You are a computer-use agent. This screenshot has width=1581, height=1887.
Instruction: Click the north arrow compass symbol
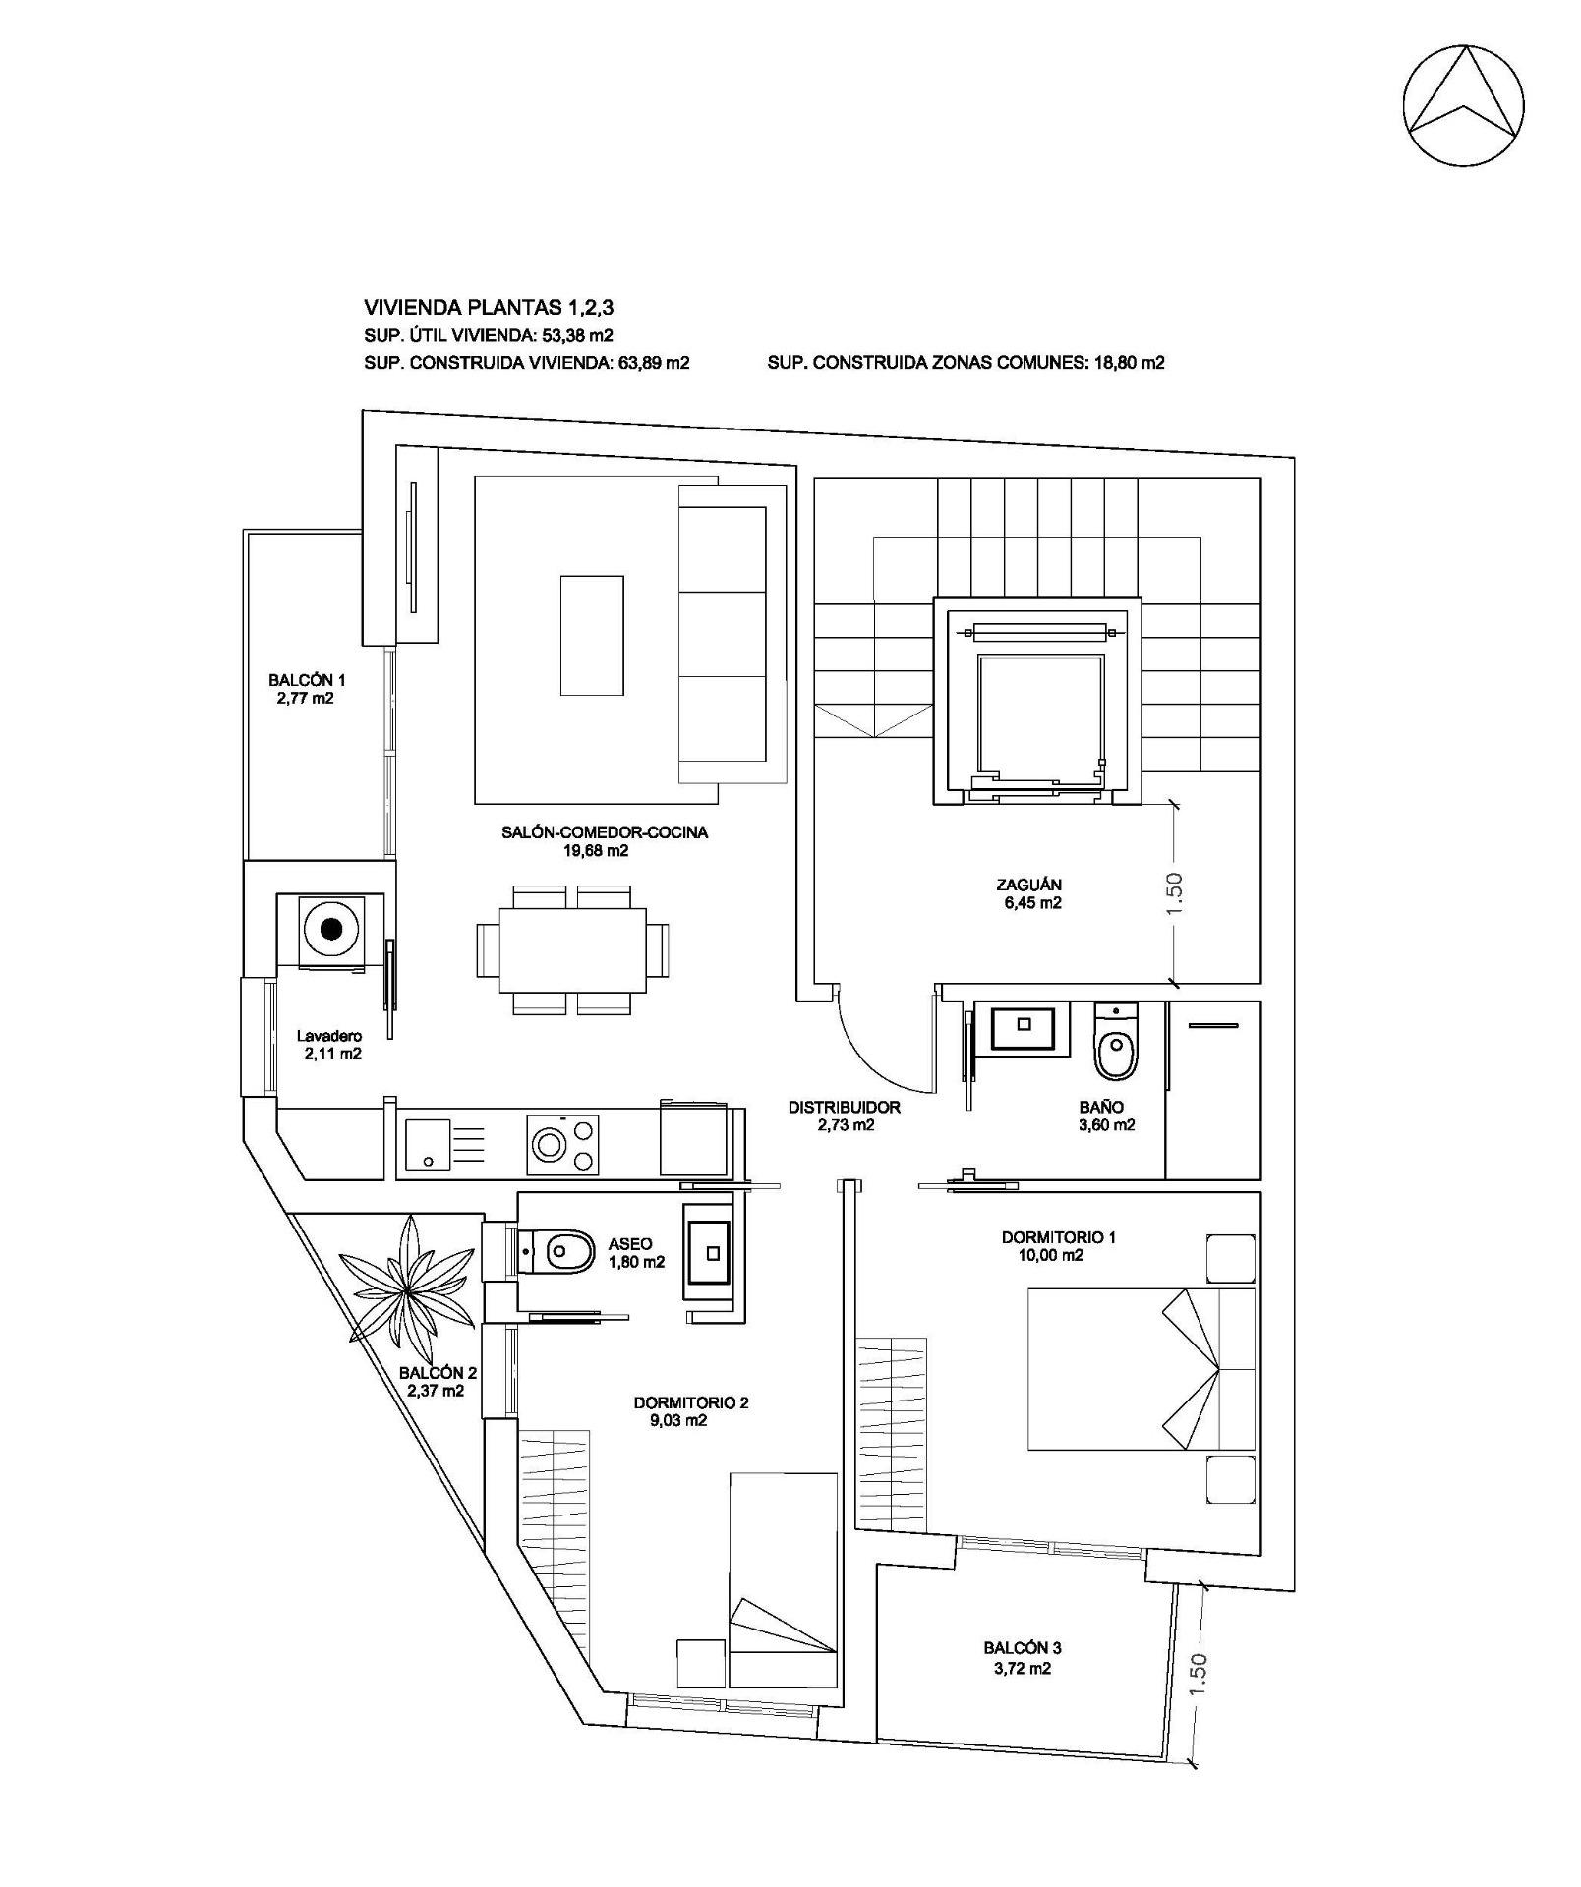(1463, 104)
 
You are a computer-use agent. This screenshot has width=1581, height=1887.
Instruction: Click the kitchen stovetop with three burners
(564, 1143)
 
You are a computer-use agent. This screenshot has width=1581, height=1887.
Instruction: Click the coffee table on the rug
(592, 635)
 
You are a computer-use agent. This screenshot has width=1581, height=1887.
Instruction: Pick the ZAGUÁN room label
(1028, 885)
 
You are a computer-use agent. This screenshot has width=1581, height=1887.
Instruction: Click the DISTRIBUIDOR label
(844, 1107)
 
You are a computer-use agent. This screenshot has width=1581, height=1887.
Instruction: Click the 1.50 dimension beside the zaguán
(1175, 892)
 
